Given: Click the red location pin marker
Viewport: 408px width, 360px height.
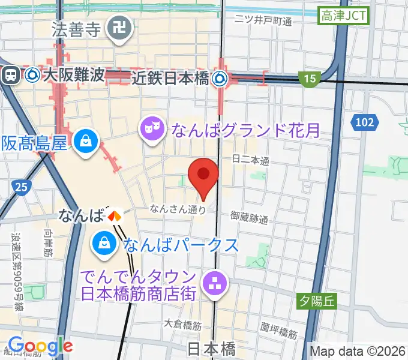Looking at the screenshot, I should click(203, 175).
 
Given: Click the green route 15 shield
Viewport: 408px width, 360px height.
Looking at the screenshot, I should click(309, 78).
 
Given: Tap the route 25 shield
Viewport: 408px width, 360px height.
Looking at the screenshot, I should click(20, 188).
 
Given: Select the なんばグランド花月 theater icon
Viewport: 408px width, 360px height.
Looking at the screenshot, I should click(151, 128).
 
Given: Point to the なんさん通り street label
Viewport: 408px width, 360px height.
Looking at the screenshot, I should click(178, 209).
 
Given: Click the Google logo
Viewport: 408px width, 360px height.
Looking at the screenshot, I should click(40, 346).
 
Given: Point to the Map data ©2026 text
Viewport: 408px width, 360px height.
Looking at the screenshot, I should click(358, 350).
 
